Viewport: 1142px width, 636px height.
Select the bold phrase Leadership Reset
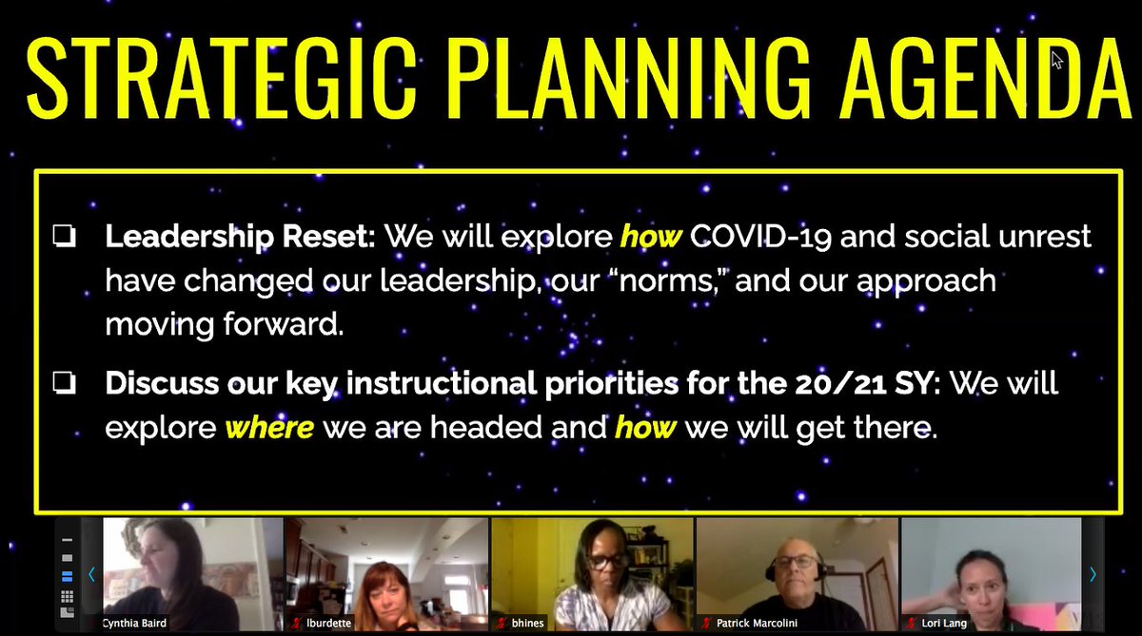(x=240, y=237)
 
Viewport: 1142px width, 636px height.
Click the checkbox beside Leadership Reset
(x=64, y=238)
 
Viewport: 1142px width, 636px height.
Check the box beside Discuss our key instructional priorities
(x=64, y=384)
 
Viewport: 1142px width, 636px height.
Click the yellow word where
(x=268, y=428)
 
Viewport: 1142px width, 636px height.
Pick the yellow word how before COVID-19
(x=651, y=237)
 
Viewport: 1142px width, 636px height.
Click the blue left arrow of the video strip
(x=92, y=574)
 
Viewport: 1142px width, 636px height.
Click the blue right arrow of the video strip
(x=1093, y=574)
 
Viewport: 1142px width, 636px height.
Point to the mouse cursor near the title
(x=1056, y=59)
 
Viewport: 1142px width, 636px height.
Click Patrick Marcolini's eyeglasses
(x=797, y=562)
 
